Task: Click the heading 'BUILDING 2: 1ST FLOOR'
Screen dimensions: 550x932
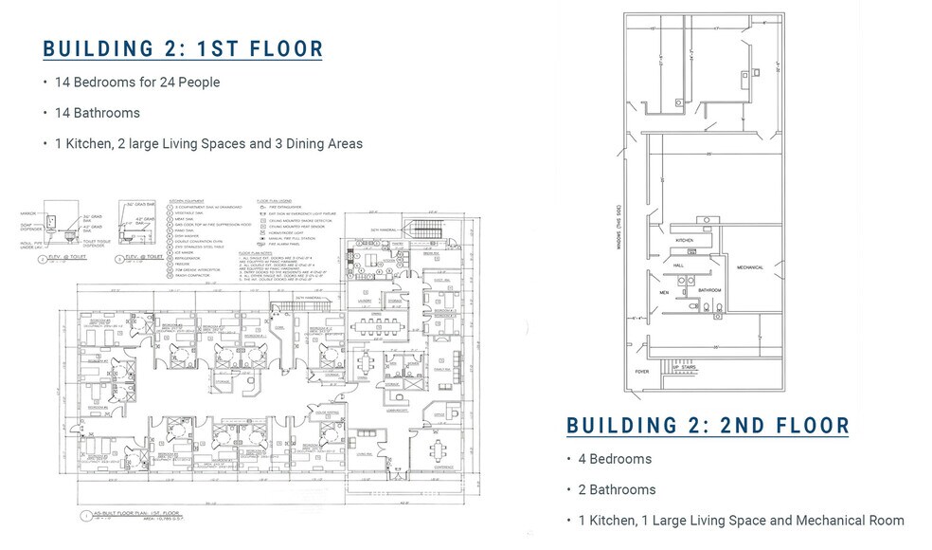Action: tap(183, 49)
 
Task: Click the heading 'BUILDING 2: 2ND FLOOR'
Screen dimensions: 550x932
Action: tap(708, 426)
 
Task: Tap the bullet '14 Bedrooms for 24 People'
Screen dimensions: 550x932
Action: tap(137, 82)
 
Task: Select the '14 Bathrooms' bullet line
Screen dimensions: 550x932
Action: tap(98, 113)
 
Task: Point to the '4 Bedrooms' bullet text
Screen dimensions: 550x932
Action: tap(615, 459)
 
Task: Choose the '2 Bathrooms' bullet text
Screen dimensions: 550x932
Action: tap(617, 489)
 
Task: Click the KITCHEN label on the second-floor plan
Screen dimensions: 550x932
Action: tap(686, 241)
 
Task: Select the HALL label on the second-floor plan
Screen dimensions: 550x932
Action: tap(679, 266)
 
